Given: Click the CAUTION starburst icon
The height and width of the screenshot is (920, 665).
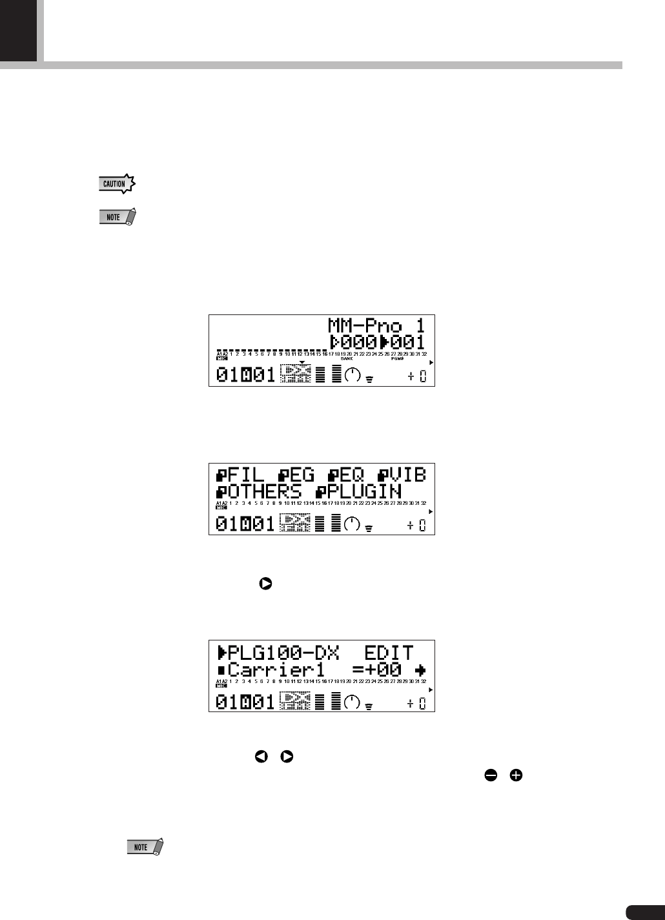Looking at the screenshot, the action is point(116,184).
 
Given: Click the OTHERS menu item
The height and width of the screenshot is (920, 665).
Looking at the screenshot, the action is point(259,491).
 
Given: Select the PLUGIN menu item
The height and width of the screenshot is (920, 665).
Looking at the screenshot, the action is point(359,491).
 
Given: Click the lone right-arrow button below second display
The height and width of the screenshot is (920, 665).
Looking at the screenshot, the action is point(265,584).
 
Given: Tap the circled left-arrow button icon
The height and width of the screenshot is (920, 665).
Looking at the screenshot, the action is point(262,756).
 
